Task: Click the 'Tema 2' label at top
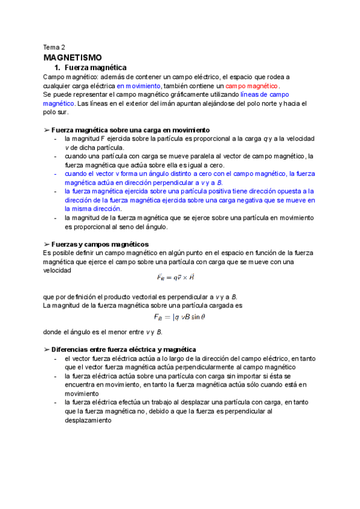[55, 46]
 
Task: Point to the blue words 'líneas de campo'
[265, 95]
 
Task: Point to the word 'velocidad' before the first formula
[58, 271]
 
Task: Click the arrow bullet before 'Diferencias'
[47, 349]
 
